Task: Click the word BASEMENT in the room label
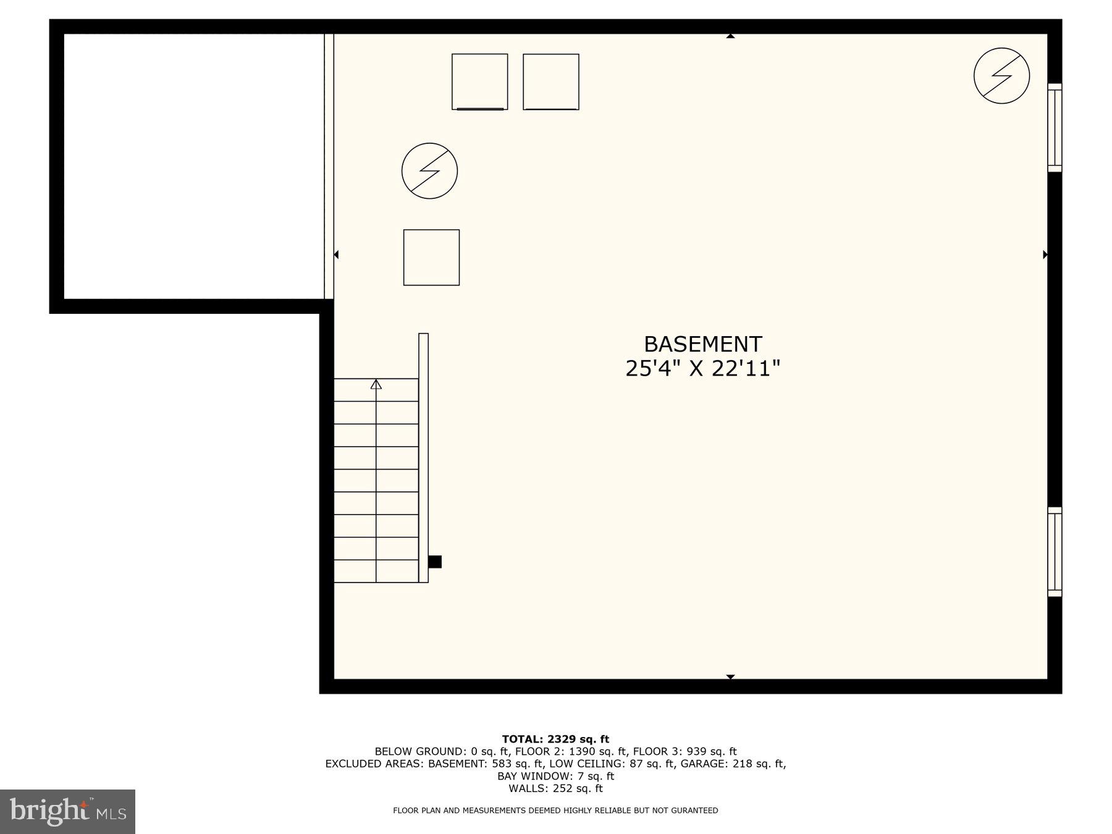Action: coord(703,344)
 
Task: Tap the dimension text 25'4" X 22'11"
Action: coord(703,369)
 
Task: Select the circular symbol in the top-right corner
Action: coord(1001,75)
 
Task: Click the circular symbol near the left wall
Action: coord(429,171)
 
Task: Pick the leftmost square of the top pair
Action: coord(479,82)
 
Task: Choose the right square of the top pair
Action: coord(551,82)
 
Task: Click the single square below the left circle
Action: coord(431,258)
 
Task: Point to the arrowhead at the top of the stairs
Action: coord(376,384)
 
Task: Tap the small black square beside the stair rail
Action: coord(435,562)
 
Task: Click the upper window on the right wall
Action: coord(1055,127)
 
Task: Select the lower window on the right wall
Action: coord(1055,552)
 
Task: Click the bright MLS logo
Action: coord(67,812)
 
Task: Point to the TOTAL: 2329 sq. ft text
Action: coord(555,739)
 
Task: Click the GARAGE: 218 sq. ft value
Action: coord(759,764)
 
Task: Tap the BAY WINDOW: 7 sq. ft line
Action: coord(555,776)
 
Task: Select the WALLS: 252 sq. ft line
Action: coord(555,788)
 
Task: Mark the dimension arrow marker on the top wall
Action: coord(730,36)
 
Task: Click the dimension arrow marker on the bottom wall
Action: coord(730,677)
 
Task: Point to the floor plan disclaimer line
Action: coord(555,811)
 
